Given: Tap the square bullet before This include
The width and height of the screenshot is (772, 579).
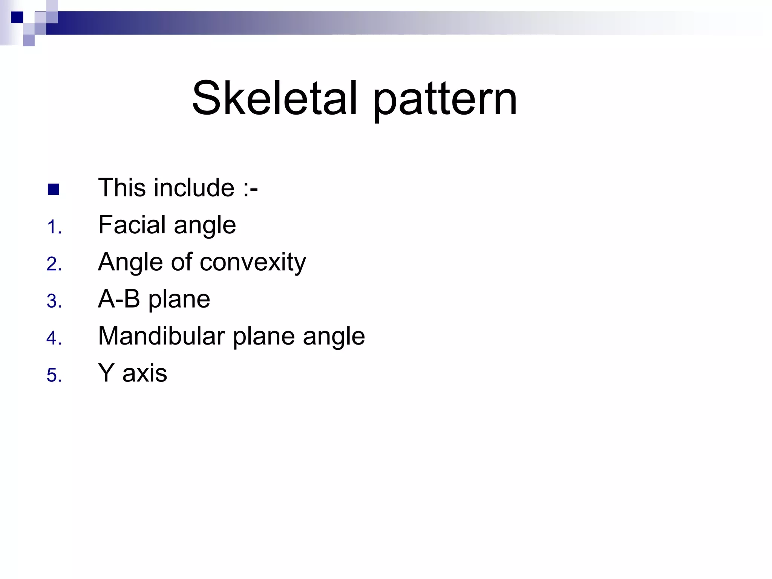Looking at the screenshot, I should [54, 189].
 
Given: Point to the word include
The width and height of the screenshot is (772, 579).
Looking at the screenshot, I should [194, 188].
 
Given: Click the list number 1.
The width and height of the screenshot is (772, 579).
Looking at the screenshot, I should [54, 228].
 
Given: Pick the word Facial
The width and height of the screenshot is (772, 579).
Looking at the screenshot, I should [132, 225].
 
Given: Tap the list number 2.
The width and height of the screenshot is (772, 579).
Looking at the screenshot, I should [54, 264].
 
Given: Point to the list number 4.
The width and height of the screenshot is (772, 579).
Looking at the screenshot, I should [54, 338].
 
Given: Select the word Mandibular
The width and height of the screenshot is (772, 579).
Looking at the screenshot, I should [161, 336].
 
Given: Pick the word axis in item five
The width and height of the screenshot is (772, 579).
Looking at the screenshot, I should [145, 373].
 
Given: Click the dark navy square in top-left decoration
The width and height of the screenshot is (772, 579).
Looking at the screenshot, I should [17, 17].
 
